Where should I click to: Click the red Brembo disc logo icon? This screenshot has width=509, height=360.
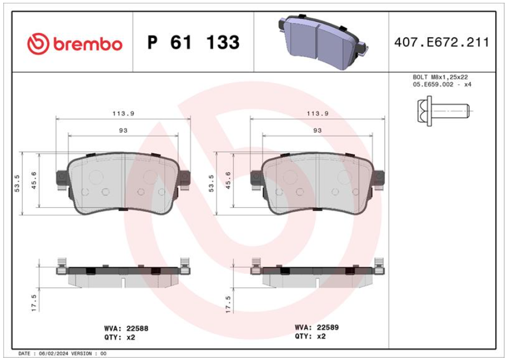pyautogui.click(x=38, y=43)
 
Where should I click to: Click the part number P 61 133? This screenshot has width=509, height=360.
pyautogui.click(x=193, y=42)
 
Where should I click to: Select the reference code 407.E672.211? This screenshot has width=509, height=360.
pyautogui.click(x=442, y=42)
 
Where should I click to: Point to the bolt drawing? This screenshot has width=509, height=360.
pyautogui.click(x=443, y=111)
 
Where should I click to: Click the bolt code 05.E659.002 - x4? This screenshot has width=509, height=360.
pyautogui.click(x=442, y=85)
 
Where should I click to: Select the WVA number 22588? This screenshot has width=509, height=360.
pyautogui.click(x=138, y=328)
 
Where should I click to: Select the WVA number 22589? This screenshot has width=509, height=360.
pyautogui.click(x=327, y=327)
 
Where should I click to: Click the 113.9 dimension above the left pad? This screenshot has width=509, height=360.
pyautogui.click(x=124, y=113)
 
